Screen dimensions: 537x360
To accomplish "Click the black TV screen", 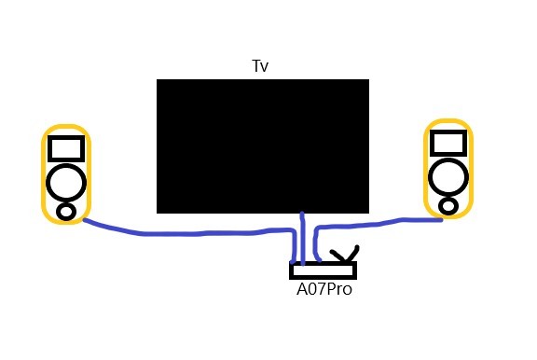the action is coord(263,146).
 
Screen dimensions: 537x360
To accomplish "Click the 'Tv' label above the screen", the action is coord(260,66).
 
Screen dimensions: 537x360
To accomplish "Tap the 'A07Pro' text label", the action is coord(324,289).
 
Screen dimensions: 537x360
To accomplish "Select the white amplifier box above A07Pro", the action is coord(323,270).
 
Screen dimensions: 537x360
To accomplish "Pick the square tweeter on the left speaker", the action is coord(66,148).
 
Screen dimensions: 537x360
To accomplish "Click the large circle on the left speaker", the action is coord(66,182).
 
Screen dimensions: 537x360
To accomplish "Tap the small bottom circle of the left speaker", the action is coord(66,212).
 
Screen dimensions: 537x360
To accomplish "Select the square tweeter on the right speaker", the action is coord(448,143).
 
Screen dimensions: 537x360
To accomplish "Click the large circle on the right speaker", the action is coord(448,177).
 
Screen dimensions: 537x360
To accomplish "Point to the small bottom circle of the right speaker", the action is coord(448,206).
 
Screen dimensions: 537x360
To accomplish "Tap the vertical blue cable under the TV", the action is coord(302,239).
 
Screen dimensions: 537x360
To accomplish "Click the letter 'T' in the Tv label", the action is coord(256,66).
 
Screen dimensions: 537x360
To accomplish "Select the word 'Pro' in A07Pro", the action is coord(338,289).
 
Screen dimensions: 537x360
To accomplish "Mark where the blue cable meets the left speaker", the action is coord(85,220).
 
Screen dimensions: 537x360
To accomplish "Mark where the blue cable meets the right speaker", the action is coord(442,219).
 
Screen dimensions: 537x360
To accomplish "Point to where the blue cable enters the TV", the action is coord(302,213).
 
